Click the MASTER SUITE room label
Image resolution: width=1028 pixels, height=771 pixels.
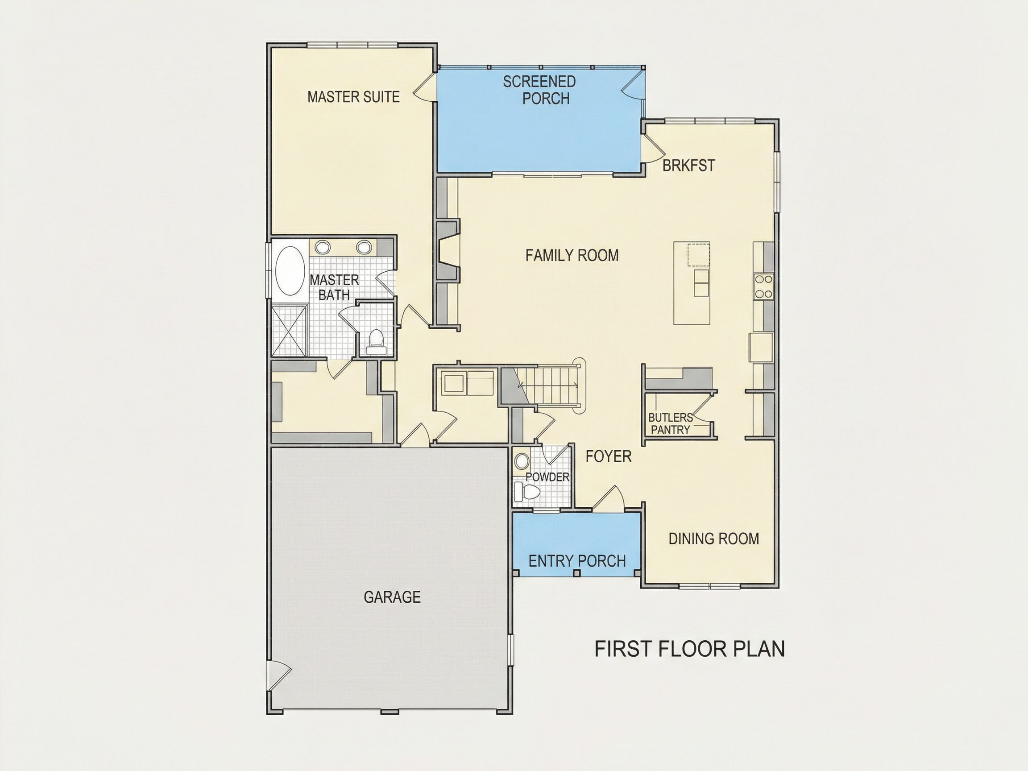pyautogui.click(x=354, y=97)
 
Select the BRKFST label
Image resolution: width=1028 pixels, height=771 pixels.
pyautogui.click(x=688, y=166)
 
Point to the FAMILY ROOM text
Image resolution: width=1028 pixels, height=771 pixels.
pyautogui.click(x=572, y=255)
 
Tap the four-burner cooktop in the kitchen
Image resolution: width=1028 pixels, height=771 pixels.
pyautogui.click(x=763, y=286)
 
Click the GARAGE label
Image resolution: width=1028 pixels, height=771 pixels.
pyautogui.click(x=392, y=597)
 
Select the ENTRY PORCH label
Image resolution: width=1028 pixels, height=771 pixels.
pyautogui.click(x=577, y=561)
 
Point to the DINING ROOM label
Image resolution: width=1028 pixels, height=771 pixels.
pyautogui.click(x=714, y=539)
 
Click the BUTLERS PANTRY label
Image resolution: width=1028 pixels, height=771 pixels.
pyautogui.click(x=670, y=423)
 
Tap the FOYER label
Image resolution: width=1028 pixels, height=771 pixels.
pyautogui.click(x=608, y=456)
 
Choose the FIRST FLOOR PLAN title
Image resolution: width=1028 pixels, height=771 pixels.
pyautogui.click(x=690, y=649)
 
